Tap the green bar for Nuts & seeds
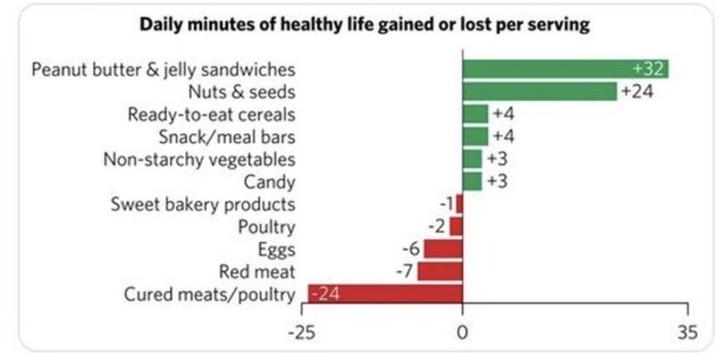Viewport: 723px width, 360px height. pos(539,91)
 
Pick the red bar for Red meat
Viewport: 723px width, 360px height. pos(440,271)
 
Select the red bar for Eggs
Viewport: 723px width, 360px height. pos(443,249)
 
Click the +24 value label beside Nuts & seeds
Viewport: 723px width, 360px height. pos(636,91)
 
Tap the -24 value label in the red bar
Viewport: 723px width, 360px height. pos(325,294)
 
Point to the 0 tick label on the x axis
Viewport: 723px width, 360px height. pos(462,332)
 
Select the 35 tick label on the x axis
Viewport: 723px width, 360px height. pos(686,332)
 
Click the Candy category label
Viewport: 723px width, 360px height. pos(270,181)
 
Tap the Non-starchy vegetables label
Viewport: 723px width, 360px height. pos(199,159)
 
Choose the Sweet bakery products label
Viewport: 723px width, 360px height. pos(203,204)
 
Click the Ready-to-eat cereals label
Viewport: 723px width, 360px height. pos(212,114)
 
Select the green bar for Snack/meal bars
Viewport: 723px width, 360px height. pos(475,136)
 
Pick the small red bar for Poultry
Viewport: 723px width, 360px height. pos(456,227)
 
